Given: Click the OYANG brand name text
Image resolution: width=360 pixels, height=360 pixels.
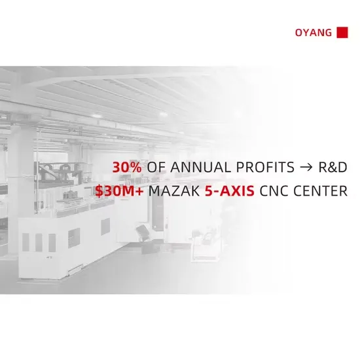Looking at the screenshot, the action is click(314, 33).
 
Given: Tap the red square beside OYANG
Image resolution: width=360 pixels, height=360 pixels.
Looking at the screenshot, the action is click(342, 32).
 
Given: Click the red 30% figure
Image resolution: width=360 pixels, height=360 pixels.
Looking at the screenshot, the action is click(127, 167).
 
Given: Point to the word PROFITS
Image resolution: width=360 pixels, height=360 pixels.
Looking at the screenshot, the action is click(265, 167).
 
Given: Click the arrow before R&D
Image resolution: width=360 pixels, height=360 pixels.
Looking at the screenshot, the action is click(306, 168).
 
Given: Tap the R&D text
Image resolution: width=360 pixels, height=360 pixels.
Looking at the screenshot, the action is click(333, 167).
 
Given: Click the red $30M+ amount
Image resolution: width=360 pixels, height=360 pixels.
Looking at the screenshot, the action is click(119, 190).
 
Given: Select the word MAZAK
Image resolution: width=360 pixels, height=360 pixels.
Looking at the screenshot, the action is click(174, 190).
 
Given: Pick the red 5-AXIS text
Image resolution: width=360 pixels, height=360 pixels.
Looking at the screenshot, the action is click(230, 190).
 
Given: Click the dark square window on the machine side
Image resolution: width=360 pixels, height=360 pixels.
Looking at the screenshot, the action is click(105, 226).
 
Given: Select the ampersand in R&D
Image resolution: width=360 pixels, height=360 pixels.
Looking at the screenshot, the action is click(333, 167).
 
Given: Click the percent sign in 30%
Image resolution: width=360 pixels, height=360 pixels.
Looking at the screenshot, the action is click(136, 167).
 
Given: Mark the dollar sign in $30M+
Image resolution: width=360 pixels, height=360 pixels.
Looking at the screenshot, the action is click(99, 191).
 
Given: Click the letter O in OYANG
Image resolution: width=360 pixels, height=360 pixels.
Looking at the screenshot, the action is click(298, 33).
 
